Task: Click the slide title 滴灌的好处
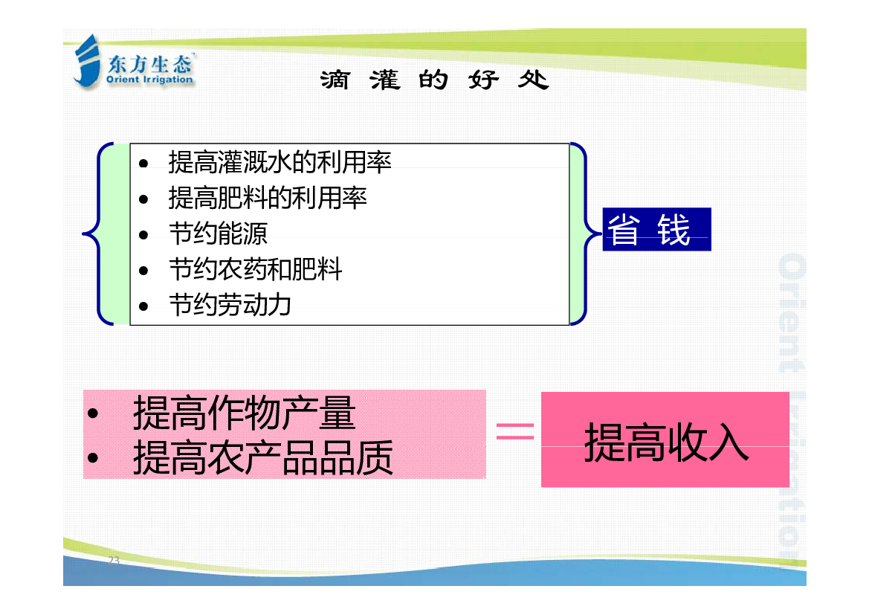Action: pyautogui.click(x=434, y=80)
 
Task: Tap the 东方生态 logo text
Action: pyautogui.click(x=149, y=65)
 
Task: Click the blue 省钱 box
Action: pyautogui.click(x=656, y=229)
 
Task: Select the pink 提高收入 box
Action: pyautogui.click(x=665, y=439)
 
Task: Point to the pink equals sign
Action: pyautogui.click(x=515, y=431)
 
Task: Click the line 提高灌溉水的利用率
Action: pyautogui.click(x=280, y=162)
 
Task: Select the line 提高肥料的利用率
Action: pyautogui.click(x=268, y=198)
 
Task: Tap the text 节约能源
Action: pyautogui.click(x=219, y=234)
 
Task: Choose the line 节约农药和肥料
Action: pyautogui.click(x=256, y=269)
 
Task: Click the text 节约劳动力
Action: pyautogui.click(x=230, y=305)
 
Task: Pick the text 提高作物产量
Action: pyautogui.click(x=245, y=413)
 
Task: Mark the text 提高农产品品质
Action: pyautogui.click(x=263, y=457)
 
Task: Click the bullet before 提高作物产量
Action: pyautogui.click(x=93, y=413)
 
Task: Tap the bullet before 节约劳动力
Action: pyautogui.click(x=143, y=306)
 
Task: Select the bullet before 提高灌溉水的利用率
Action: pyautogui.click(x=143, y=163)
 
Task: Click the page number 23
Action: pyautogui.click(x=114, y=560)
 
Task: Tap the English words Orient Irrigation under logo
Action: pyautogui.click(x=149, y=80)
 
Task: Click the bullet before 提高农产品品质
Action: pyautogui.click(x=93, y=458)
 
